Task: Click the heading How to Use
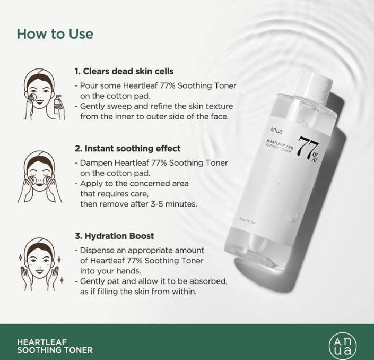pyautogui.click(x=55, y=33)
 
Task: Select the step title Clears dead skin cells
pyautogui.click(x=124, y=71)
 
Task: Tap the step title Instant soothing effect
pyautogui.click(x=127, y=148)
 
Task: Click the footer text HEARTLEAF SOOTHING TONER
pyautogui.click(x=55, y=346)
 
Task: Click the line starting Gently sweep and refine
pyautogui.click(x=155, y=107)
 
